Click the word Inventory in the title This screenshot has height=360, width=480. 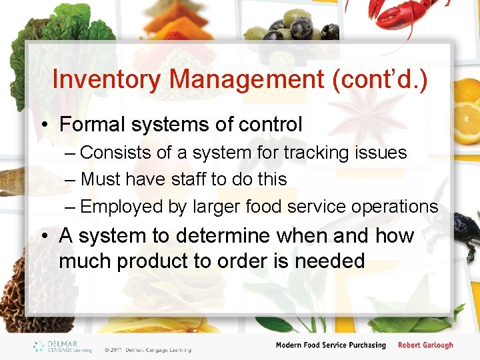coord(106,80)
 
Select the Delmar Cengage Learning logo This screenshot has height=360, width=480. coord(64,346)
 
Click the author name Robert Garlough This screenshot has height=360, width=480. coord(425,345)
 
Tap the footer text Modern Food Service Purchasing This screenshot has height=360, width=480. coord(331,345)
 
